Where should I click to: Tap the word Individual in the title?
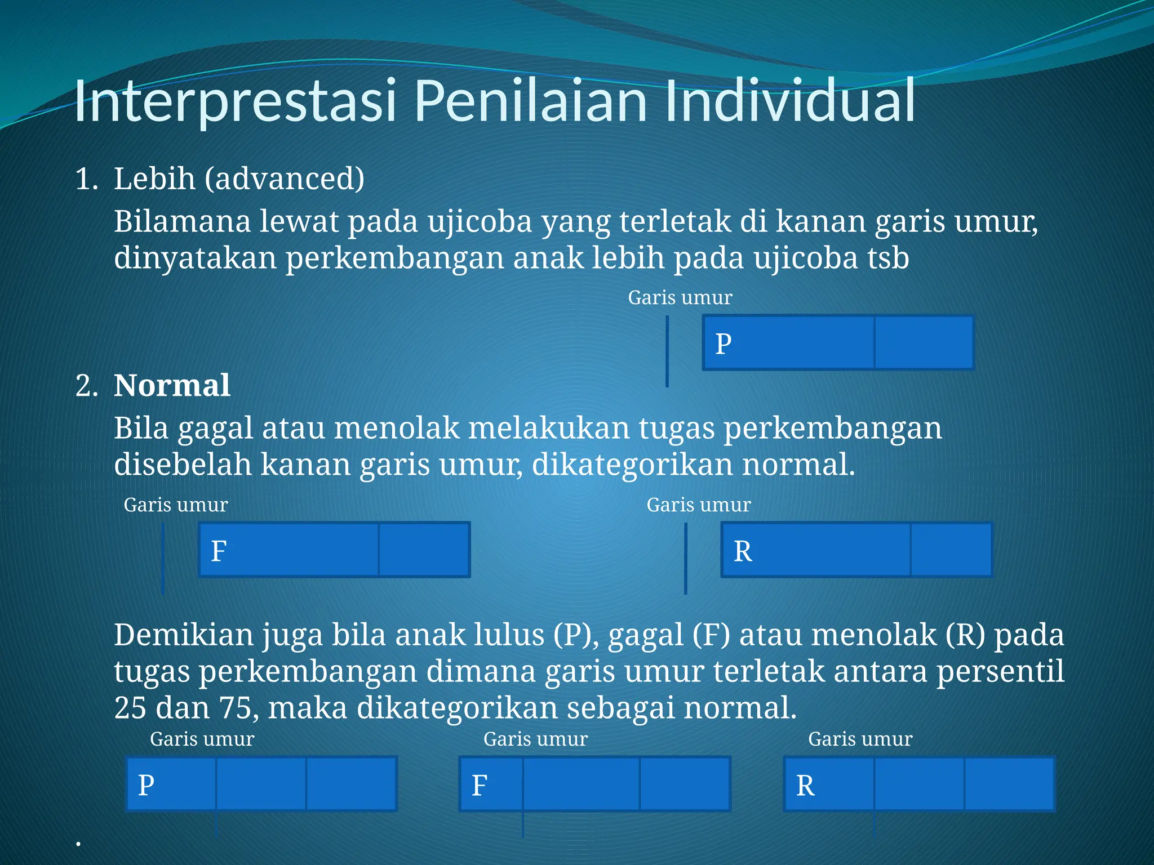coord(789,101)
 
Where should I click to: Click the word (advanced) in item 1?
coord(285,179)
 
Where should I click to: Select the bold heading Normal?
coord(172,386)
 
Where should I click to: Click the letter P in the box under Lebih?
coord(724,344)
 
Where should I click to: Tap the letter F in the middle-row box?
coord(219,551)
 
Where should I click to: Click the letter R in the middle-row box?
coord(743,551)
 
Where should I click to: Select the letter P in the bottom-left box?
coord(146,785)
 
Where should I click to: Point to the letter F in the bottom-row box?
coord(479,785)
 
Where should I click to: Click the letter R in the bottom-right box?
coord(805,785)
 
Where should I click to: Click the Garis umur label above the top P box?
coord(680,297)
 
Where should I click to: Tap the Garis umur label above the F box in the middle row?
coord(175,505)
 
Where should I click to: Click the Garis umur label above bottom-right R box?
coord(860,739)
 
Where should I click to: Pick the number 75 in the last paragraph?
coord(235,708)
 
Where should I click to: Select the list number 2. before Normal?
coord(86,386)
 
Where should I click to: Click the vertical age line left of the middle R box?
coord(685,558)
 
